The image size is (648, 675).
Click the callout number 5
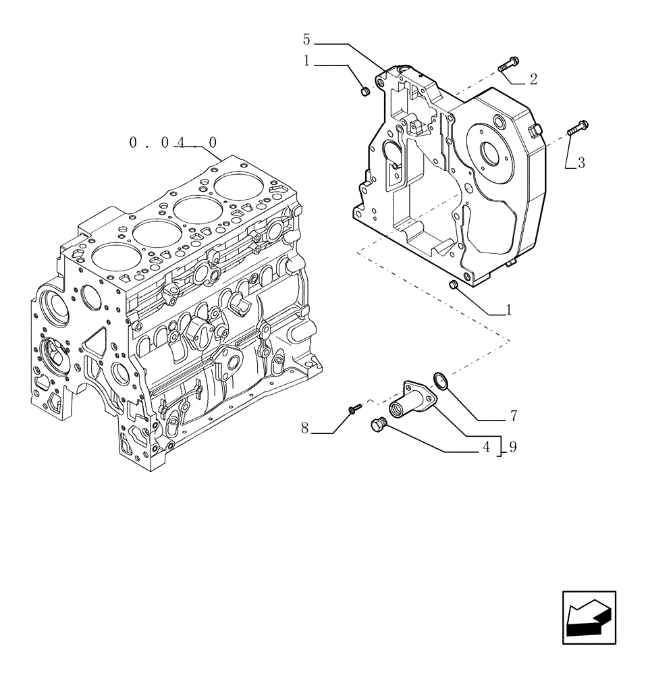pyautogui.click(x=306, y=39)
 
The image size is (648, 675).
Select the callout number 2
pyautogui.click(x=533, y=80)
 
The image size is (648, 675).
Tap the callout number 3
pyautogui.click(x=580, y=162)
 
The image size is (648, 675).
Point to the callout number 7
pyautogui.click(x=514, y=414)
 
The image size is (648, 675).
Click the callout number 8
pyautogui.click(x=304, y=428)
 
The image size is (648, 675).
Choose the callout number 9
pyautogui.click(x=513, y=447)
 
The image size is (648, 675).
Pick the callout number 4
pyautogui.click(x=485, y=447)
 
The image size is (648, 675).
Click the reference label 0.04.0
pyautogui.click(x=173, y=142)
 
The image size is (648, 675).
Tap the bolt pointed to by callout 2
pyautogui.click(x=508, y=65)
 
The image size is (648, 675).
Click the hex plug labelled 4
pyautogui.click(x=378, y=425)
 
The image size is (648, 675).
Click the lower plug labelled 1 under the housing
pyautogui.click(x=454, y=286)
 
